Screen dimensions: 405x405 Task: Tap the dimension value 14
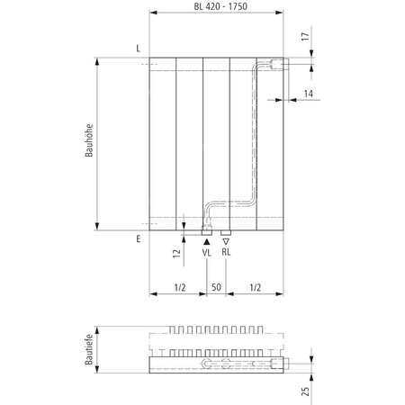click(308, 94)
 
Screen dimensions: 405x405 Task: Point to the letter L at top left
click(138, 47)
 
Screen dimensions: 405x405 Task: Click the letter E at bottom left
click(138, 239)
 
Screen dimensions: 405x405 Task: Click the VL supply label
click(206, 254)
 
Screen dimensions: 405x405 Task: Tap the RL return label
click(227, 254)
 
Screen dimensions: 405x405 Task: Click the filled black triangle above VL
click(207, 242)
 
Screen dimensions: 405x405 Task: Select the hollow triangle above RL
click(227, 242)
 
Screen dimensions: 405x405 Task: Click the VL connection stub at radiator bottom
click(207, 233)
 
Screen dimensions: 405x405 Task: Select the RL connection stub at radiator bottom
click(226, 233)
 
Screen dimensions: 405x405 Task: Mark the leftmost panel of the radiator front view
click(163, 144)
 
